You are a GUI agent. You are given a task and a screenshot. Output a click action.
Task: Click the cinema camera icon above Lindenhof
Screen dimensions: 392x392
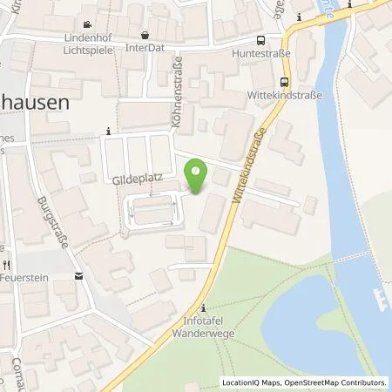click(x=88, y=25)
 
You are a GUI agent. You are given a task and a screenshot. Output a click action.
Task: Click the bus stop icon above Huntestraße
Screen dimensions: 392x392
click(x=260, y=41)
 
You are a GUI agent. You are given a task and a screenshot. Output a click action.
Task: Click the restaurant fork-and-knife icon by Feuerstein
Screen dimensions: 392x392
click(x=7, y=263)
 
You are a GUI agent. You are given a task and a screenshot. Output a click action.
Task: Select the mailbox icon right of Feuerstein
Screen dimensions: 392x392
click(x=78, y=277)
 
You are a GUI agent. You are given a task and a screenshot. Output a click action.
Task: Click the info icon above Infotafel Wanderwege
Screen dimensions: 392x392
click(x=203, y=308)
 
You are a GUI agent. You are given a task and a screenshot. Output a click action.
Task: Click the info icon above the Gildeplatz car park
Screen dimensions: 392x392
click(x=108, y=132)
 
